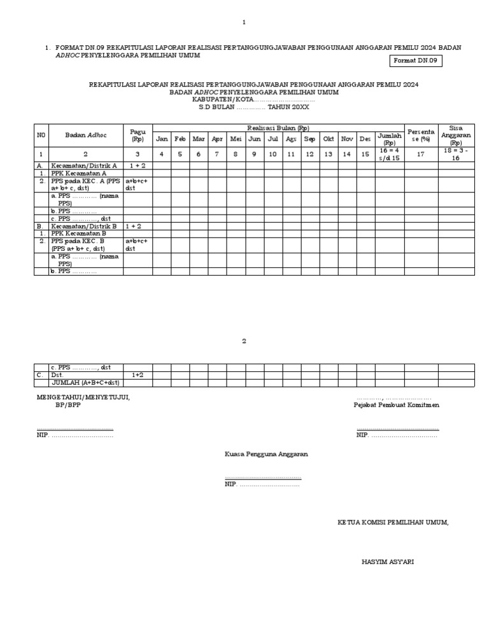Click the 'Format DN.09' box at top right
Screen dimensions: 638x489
click(415, 60)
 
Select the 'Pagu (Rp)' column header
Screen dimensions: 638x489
click(138, 135)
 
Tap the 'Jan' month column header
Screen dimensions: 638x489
click(162, 139)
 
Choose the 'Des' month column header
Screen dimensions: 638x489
click(365, 139)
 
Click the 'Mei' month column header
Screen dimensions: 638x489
click(236, 139)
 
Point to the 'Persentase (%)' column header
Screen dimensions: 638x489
click(420, 135)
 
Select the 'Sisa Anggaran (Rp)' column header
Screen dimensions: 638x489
click(455, 135)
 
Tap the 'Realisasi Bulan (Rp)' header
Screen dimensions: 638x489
click(278, 128)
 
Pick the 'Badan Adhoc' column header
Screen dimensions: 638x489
click(84, 135)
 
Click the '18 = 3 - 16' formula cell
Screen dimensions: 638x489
click(455, 154)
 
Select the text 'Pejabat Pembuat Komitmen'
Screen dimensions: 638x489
click(397, 405)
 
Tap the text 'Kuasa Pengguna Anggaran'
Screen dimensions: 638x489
click(266, 454)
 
